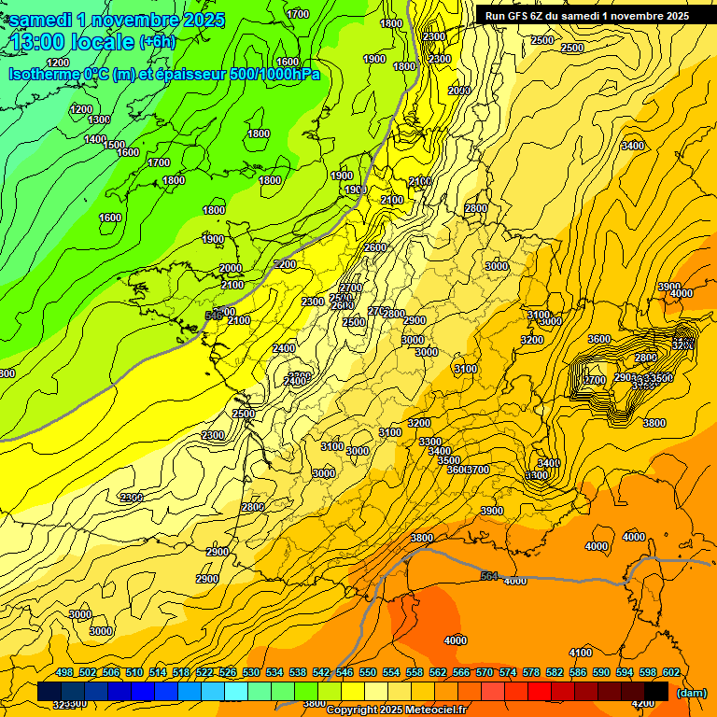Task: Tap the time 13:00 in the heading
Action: (x=43, y=42)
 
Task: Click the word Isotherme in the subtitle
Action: (x=49, y=74)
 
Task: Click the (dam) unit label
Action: (x=692, y=693)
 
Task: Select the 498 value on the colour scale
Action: (x=63, y=672)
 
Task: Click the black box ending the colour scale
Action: (x=656, y=690)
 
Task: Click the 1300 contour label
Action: (x=99, y=119)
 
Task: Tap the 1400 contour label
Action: (x=95, y=139)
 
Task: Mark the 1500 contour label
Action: (x=115, y=145)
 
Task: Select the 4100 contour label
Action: (x=581, y=653)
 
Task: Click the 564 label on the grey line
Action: (x=489, y=577)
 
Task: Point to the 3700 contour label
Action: (x=478, y=470)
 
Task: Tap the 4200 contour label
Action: (x=643, y=703)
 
